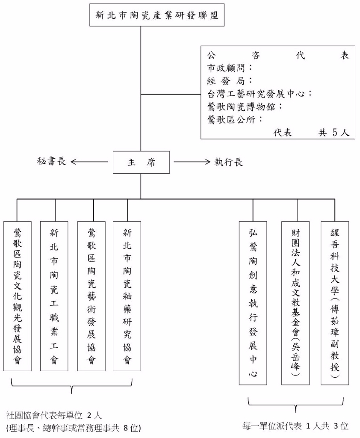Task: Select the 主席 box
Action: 141,162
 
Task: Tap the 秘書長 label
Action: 51,162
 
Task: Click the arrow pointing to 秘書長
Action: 89,162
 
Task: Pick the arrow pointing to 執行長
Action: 192,162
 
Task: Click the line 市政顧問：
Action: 230,68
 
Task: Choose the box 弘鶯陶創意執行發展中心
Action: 253,303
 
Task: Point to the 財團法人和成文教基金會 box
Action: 295,303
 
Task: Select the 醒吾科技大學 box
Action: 334,303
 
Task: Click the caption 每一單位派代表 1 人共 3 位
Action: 295,426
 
